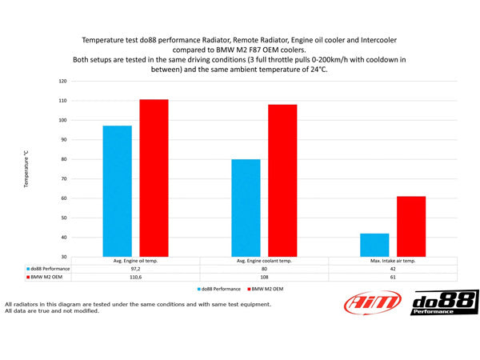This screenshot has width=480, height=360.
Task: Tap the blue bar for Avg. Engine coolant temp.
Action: coord(246,207)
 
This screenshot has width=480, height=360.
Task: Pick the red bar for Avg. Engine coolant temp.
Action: coord(282,180)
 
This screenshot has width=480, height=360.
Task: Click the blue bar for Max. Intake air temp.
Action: coord(374,245)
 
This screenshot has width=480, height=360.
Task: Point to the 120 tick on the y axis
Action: coord(62,82)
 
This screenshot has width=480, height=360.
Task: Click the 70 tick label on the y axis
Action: coord(63,178)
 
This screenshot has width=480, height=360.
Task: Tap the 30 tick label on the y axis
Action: coord(63,257)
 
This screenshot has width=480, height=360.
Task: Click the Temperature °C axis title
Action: coord(26,169)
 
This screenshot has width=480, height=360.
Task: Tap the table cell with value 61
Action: coord(392,278)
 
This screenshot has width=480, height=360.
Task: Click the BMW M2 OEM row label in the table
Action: coord(50,278)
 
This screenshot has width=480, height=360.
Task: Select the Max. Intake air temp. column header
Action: coord(392,261)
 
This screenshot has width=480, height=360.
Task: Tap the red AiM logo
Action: coord(370,304)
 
